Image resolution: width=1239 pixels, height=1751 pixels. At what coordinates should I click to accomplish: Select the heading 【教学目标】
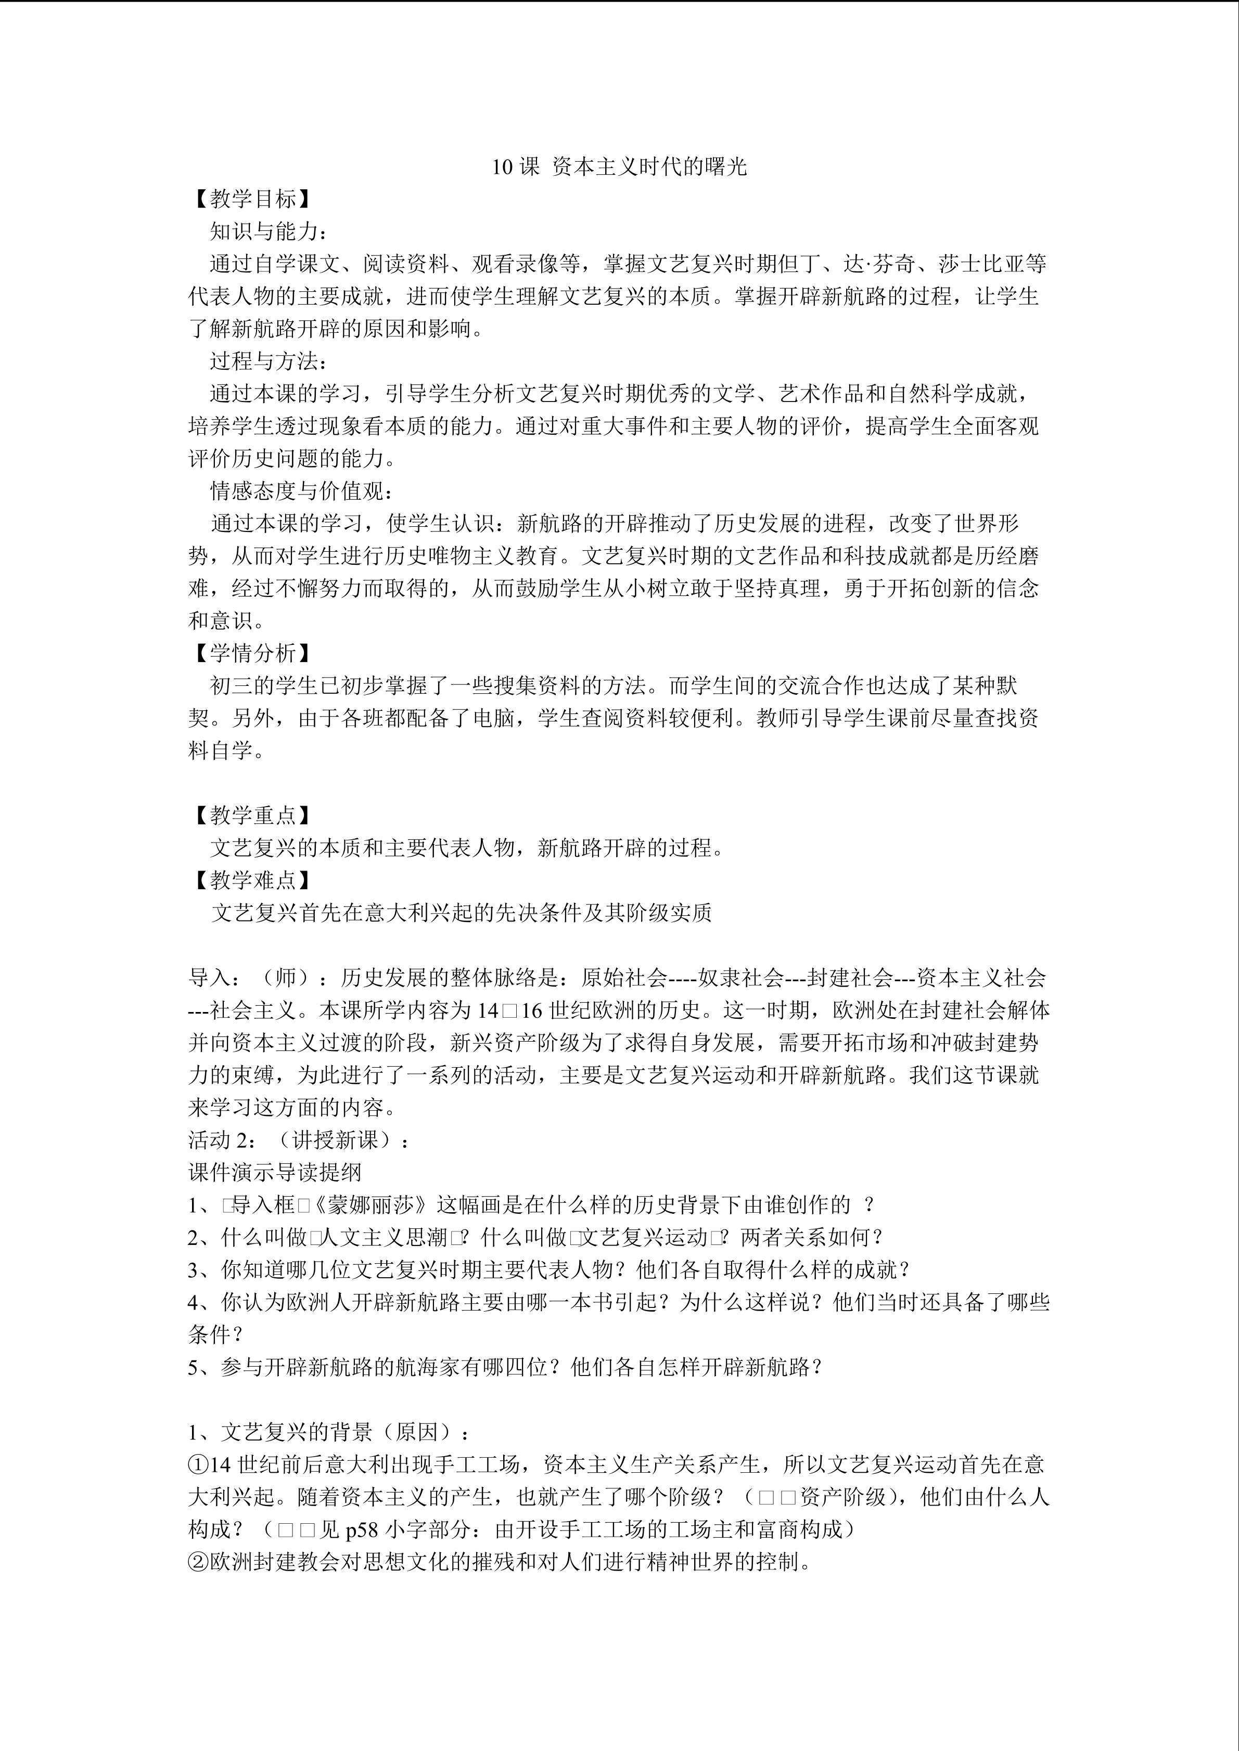[x=252, y=200]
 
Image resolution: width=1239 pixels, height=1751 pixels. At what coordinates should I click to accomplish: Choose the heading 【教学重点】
[x=252, y=815]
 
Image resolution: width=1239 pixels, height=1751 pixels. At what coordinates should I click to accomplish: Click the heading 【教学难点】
[x=252, y=880]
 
